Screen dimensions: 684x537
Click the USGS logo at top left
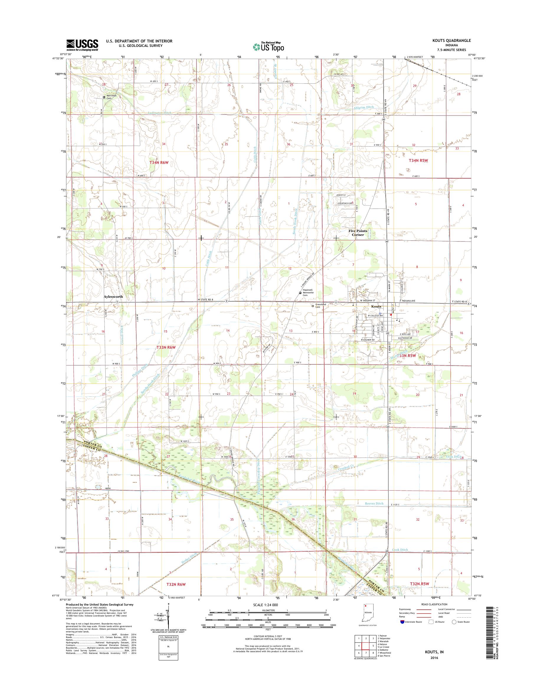pyautogui.click(x=82, y=45)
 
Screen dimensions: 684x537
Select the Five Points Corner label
pyautogui.click(x=358, y=233)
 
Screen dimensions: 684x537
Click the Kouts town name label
pyautogui.click(x=376, y=306)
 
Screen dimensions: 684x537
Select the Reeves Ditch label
pyautogui.click(x=374, y=503)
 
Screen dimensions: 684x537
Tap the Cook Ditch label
pyautogui.click(x=400, y=550)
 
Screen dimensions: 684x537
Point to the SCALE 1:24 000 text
pyautogui.click(x=265, y=604)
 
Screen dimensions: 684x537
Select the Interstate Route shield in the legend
pyautogui.click(x=402, y=622)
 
